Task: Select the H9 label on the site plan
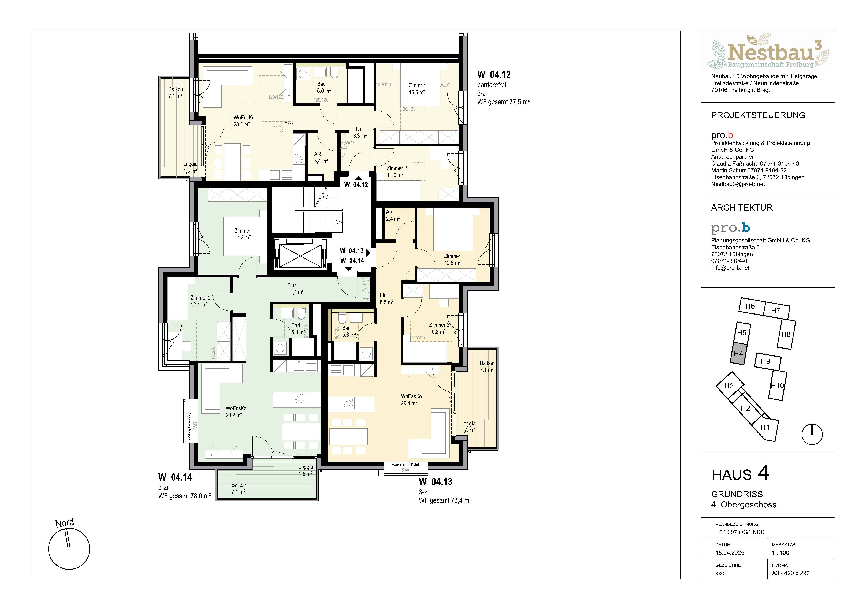click(765, 361)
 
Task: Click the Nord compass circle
click(69, 549)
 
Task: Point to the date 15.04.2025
click(730, 553)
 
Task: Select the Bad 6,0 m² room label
click(324, 87)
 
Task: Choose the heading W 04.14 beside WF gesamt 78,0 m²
click(175, 477)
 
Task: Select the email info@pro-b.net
click(730, 268)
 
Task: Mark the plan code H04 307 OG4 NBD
click(740, 532)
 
